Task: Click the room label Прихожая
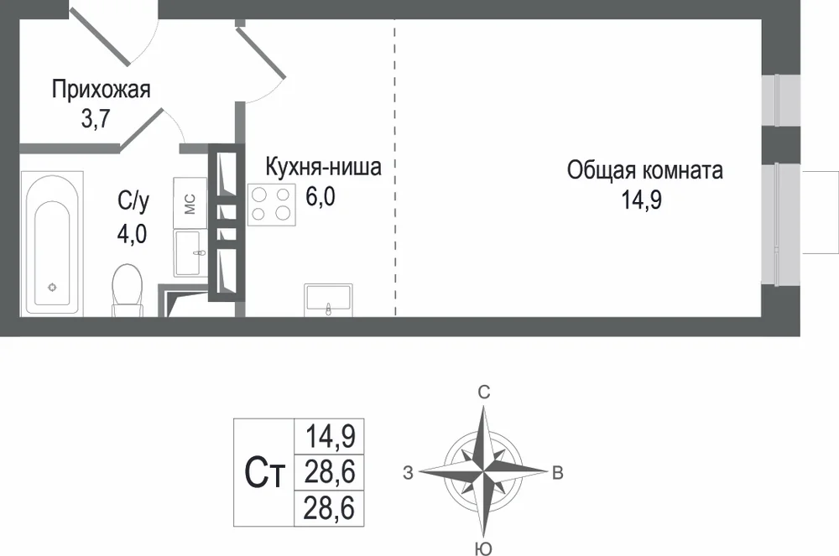[x=102, y=90]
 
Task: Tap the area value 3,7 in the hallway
[x=96, y=118]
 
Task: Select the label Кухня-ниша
[x=324, y=167]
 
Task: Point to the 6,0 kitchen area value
[x=320, y=196]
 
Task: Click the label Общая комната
[x=645, y=170]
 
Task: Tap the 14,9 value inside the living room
[x=642, y=200]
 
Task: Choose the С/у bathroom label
[x=133, y=201]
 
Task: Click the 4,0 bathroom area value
[x=132, y=234]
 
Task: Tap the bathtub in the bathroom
[x=52, y=243]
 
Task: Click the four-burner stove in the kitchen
[x=271, y=205]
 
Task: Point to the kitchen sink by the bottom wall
[x=329, y=300]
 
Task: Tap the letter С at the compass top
[x=484, y=393]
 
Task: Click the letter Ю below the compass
[x=483, y=548]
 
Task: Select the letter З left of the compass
[x=409, y=473]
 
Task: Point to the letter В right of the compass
[x=558, y=473]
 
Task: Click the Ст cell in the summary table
[x=264, y=473]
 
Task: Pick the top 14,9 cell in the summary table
[x=330, y=436]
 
